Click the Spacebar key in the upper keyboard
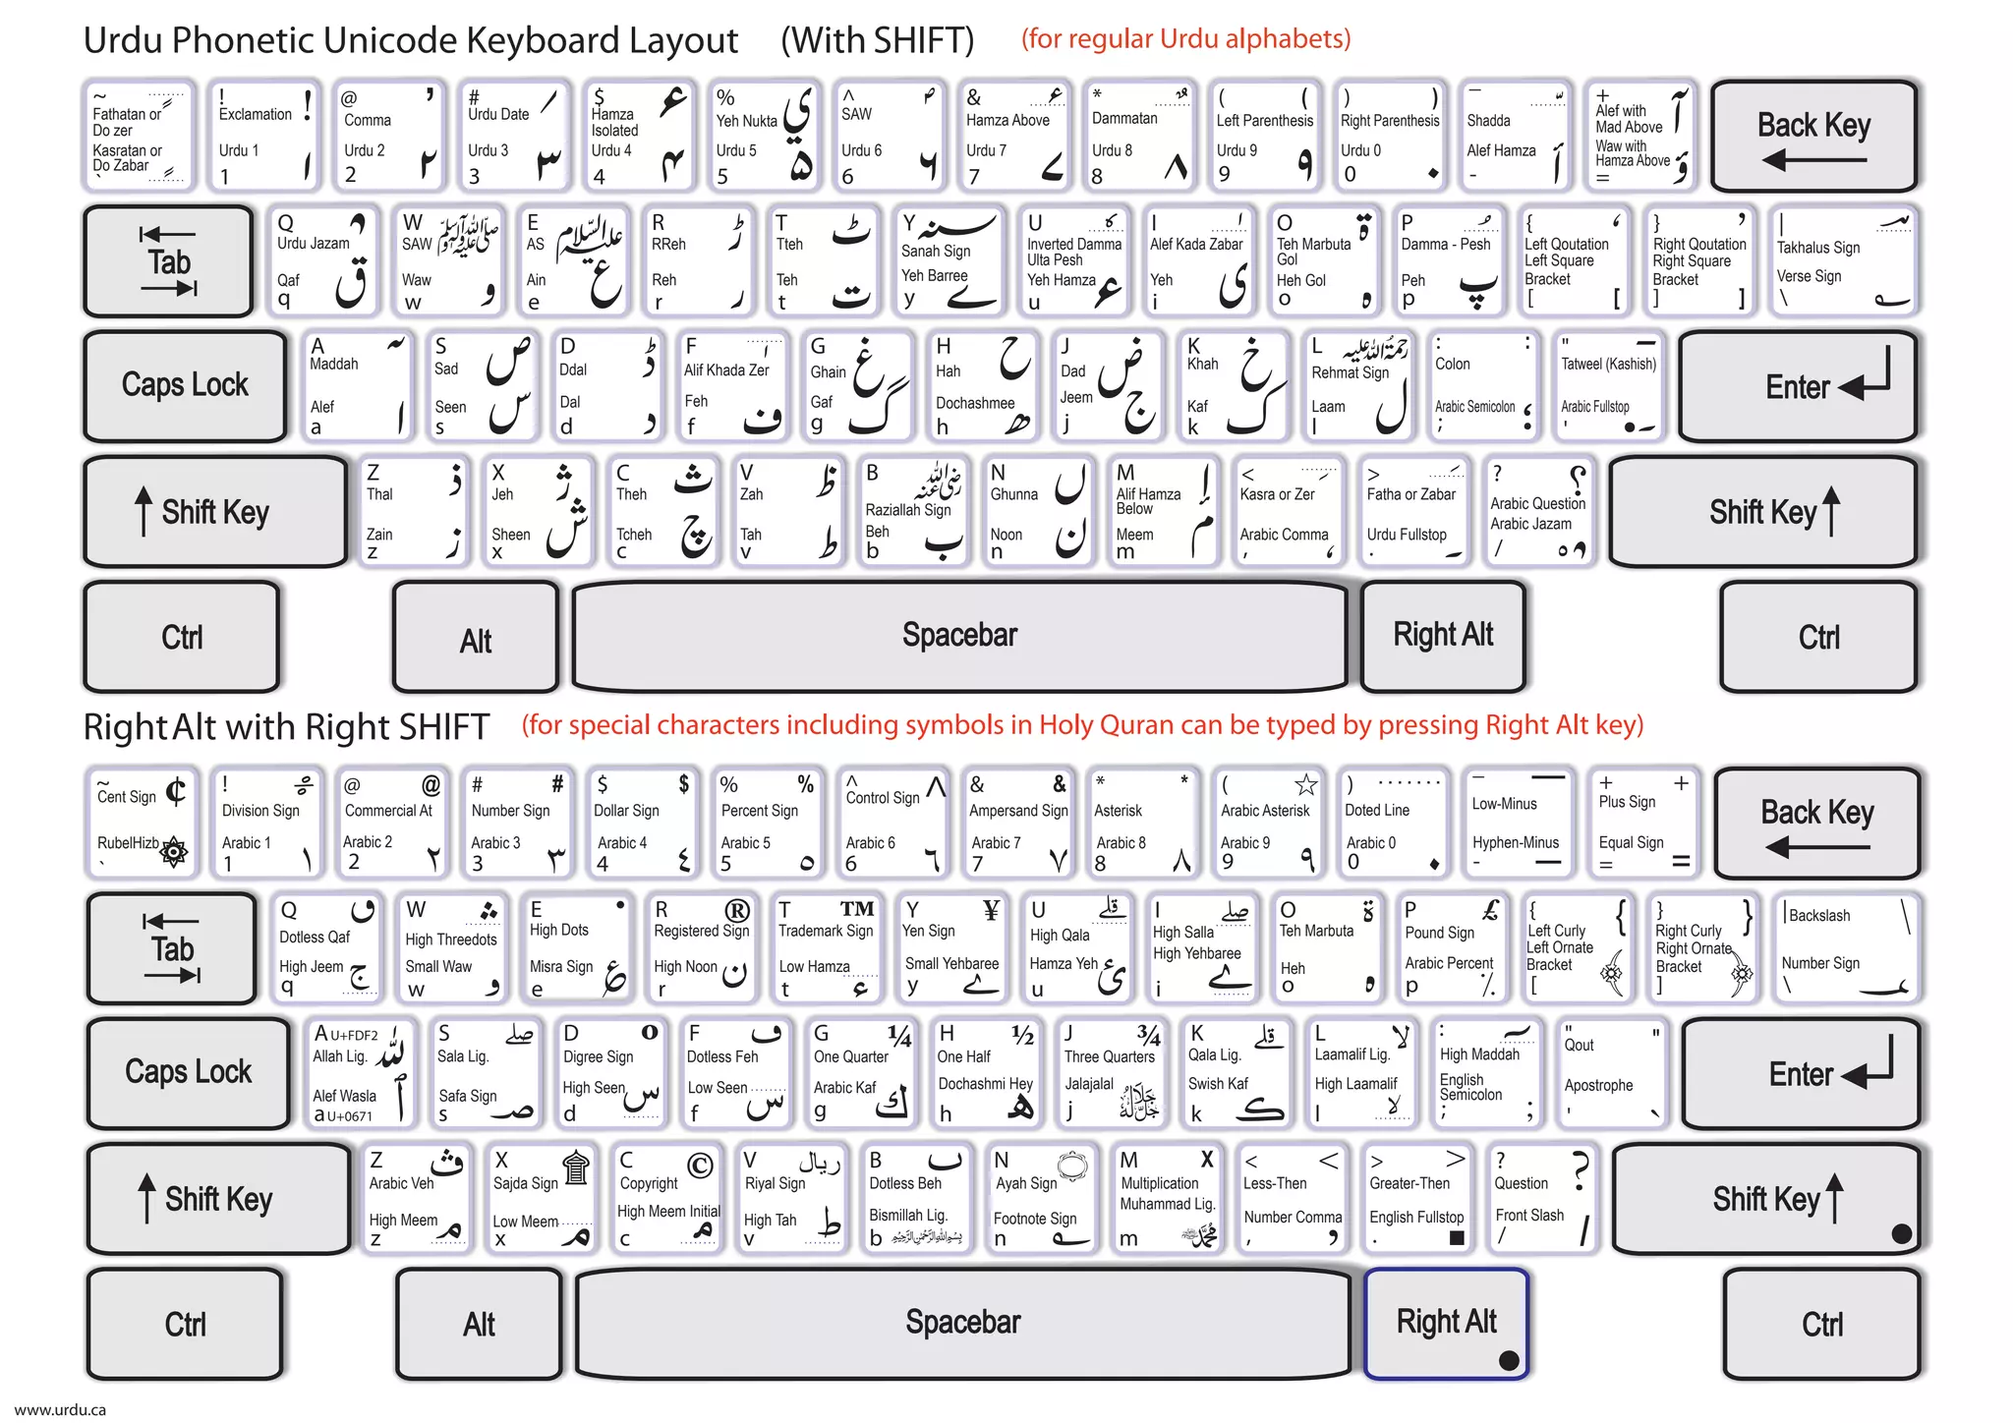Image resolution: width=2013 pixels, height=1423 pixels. pyautogui.click(x=959, y=636)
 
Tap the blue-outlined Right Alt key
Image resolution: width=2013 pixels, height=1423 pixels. pyautogui.click(x=1445, y=1322)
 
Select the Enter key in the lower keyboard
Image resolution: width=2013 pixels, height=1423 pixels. pyautogui.click(x=1801, y=1073)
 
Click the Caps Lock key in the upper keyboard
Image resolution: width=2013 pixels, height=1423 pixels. pyautogui.click(x=185, y=385)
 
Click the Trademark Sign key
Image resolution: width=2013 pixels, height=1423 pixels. pyautogui.click(x=826, y=947)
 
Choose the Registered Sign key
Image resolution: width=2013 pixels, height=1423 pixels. pyautogui.click(x=701, y=947)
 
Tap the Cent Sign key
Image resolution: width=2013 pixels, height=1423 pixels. pyautogui.click(x=142, y=822)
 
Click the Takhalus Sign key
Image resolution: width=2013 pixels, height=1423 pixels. pyautogui.click(x=1843, y=260)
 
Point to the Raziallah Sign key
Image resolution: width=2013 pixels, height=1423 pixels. pyautogui.click(x=913, y=510)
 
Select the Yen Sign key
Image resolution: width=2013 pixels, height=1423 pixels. pyautogui.click(x=951, y=947)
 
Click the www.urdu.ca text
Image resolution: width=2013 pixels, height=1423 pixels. pyautogui.click(x=60, y=1409)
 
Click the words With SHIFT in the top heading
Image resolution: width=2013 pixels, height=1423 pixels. pyautogui.click(x=877, y=40)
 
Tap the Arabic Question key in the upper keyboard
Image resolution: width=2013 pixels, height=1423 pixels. pyautogui.click(x=1537, y=510)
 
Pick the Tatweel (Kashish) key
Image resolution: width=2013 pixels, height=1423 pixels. pyautogui.click(x=1609, y=385)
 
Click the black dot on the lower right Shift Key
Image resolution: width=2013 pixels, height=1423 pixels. pyautogui.click(x=1901, y=1233)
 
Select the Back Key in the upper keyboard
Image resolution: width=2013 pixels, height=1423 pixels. pyautogui.click(x=1813, y=136)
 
